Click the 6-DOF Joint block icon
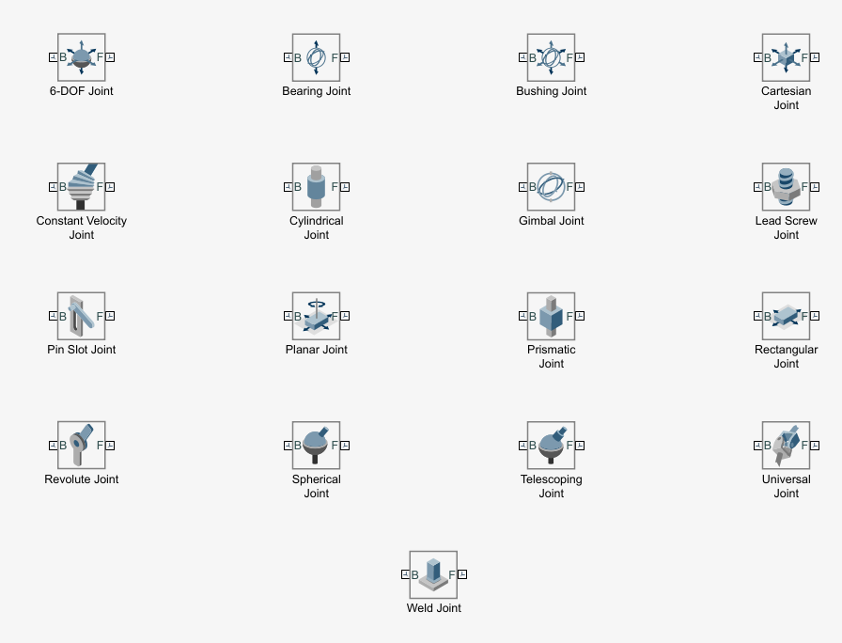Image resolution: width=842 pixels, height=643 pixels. [x=82, y=57]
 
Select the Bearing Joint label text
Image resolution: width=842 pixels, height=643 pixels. [x=317, y=91]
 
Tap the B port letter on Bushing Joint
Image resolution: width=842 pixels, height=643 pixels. [x=533, y=57]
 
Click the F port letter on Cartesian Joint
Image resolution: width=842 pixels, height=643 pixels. [x=804, y=57]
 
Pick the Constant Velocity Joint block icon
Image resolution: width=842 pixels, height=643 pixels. [x=82, y=186]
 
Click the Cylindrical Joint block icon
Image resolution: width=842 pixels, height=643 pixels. [x=317, y=186]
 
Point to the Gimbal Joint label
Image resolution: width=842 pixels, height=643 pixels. [x=552, y=221]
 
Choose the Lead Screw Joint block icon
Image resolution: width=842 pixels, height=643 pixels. [x=787, y=186]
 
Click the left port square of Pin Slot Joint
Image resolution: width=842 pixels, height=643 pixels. [x=53, y=316]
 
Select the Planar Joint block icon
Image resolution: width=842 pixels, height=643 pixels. [x=317, y=316]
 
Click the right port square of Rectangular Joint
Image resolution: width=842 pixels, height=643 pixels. [x=816, y=316]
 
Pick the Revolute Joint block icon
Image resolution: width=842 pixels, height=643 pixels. [x=82, y=445]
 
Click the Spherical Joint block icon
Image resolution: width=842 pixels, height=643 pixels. [x=317, y=445]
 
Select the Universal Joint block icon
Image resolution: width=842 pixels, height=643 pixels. [x=787, y=445]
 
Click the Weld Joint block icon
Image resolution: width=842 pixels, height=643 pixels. [x=433, y=574]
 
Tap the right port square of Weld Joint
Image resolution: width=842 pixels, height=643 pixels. [x=462, y=574]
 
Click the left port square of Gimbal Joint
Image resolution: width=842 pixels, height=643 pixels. [x=522, y=186]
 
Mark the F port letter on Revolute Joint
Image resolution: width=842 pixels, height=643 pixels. [x=100, y=445]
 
